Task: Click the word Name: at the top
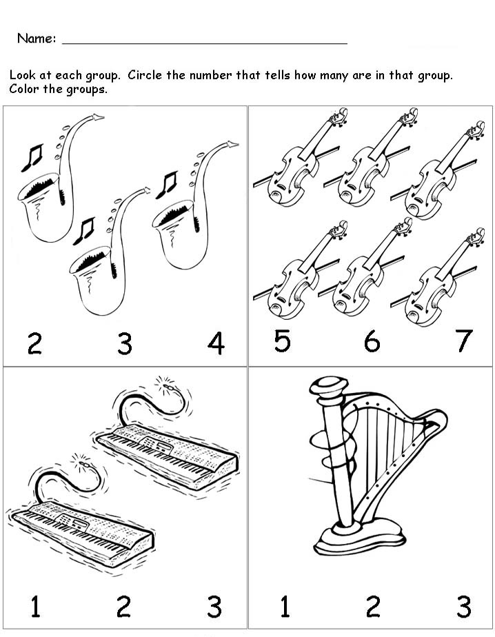coord(37,39)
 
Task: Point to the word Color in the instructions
coord(24,90)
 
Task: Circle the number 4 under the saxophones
coord(216,343)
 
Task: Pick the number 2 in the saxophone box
coord(34,343)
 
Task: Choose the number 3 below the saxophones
coord(124,343)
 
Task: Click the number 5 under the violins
coord(282,341)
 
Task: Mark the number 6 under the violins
coord(372,341)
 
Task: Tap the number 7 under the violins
coord(464,341)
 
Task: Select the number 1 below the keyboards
coord(34,607)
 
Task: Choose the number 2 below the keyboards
coord(123,607)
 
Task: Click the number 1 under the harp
coord(284,607)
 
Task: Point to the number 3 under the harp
coord(464,607)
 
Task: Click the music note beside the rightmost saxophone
coord(166,185)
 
